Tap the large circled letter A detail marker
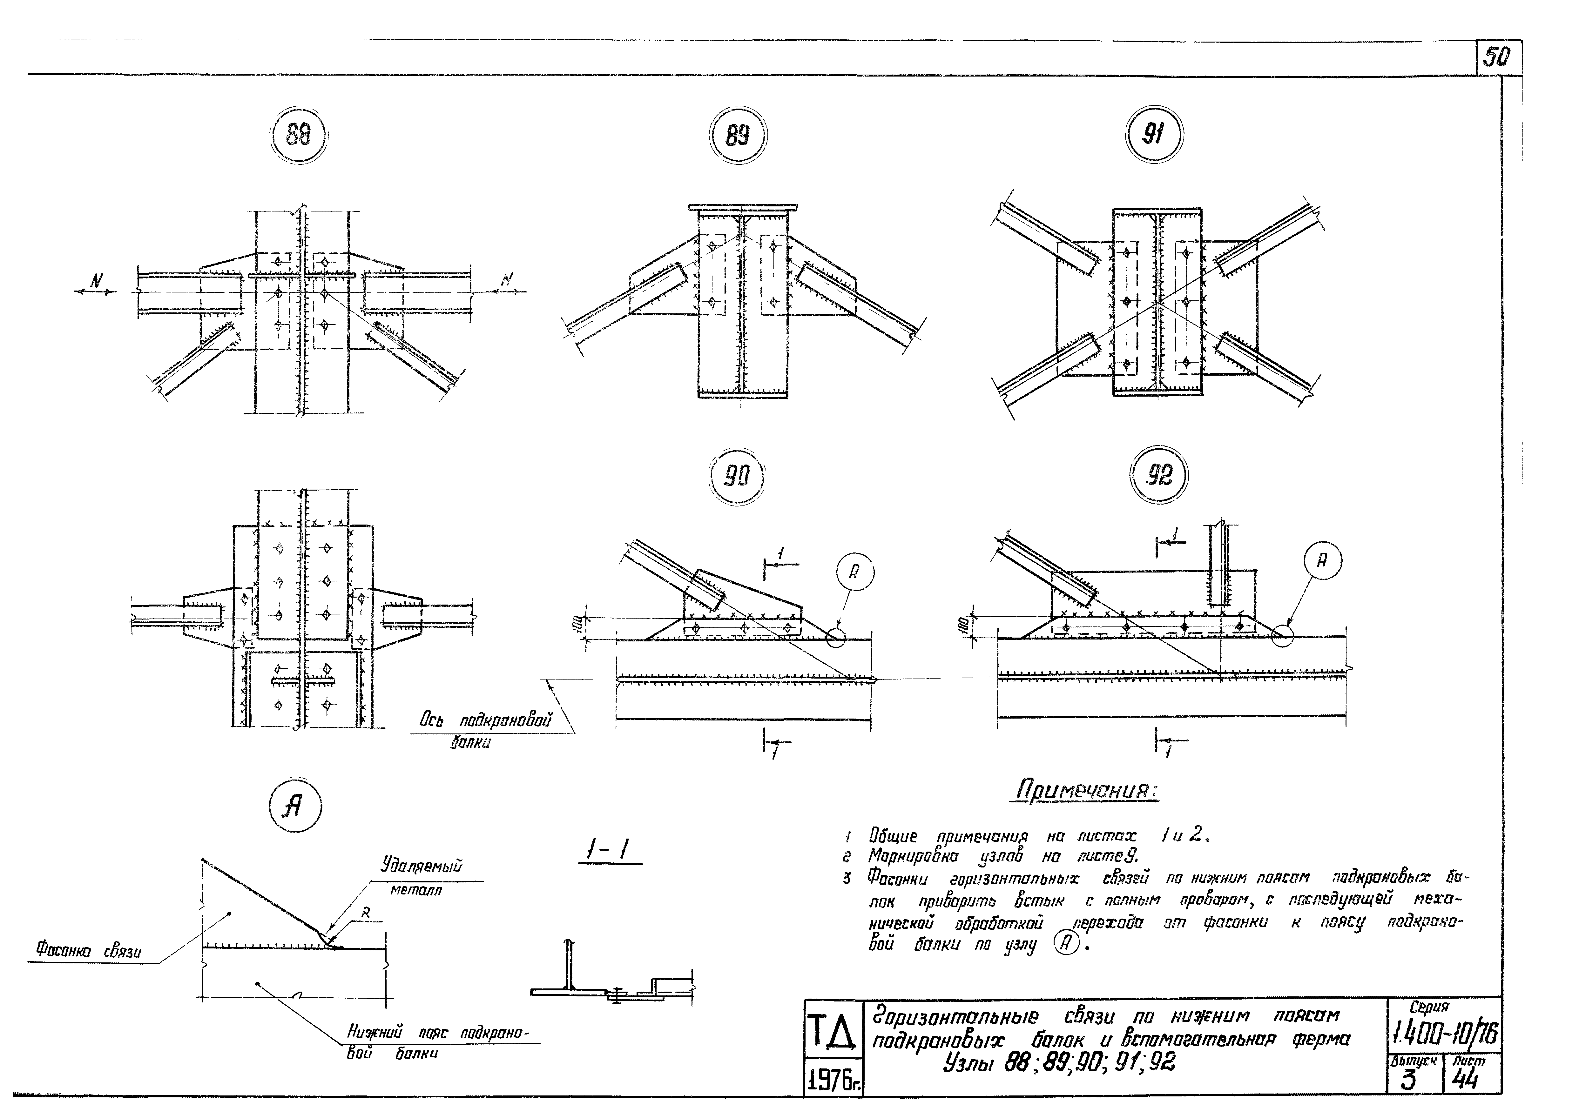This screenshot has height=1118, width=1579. pyautogui.click(x=295, y=807)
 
